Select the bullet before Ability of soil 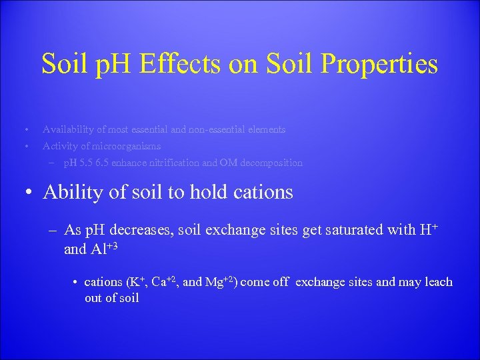click(x=29, y=193)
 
